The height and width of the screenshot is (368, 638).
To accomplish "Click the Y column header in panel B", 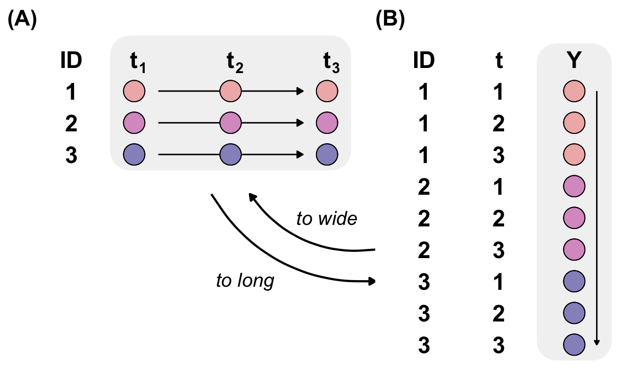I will point(574,61).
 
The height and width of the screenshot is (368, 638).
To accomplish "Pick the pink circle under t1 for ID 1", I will point(134,92).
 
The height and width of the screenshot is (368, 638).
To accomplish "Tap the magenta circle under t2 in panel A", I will point(231,123).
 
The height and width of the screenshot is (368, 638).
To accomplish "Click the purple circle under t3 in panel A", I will point(327,154).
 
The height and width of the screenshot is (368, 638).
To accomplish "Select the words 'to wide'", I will point(327,219).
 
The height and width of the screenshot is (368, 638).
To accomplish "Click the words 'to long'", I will point(245,281).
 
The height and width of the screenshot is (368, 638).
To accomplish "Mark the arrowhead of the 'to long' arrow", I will point(373,281).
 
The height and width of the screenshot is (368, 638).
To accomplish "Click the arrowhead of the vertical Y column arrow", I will point(596,342).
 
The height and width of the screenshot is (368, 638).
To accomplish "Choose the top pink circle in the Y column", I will point(574,92).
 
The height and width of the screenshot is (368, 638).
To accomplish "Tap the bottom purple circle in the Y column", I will point(574,344).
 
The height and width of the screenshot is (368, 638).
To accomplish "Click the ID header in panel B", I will point(424,61).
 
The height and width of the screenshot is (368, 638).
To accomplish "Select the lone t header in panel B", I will point(499,61).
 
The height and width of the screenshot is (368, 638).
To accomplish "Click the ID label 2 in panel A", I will point(71,123).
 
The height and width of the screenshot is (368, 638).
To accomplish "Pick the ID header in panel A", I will point(71,61).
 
